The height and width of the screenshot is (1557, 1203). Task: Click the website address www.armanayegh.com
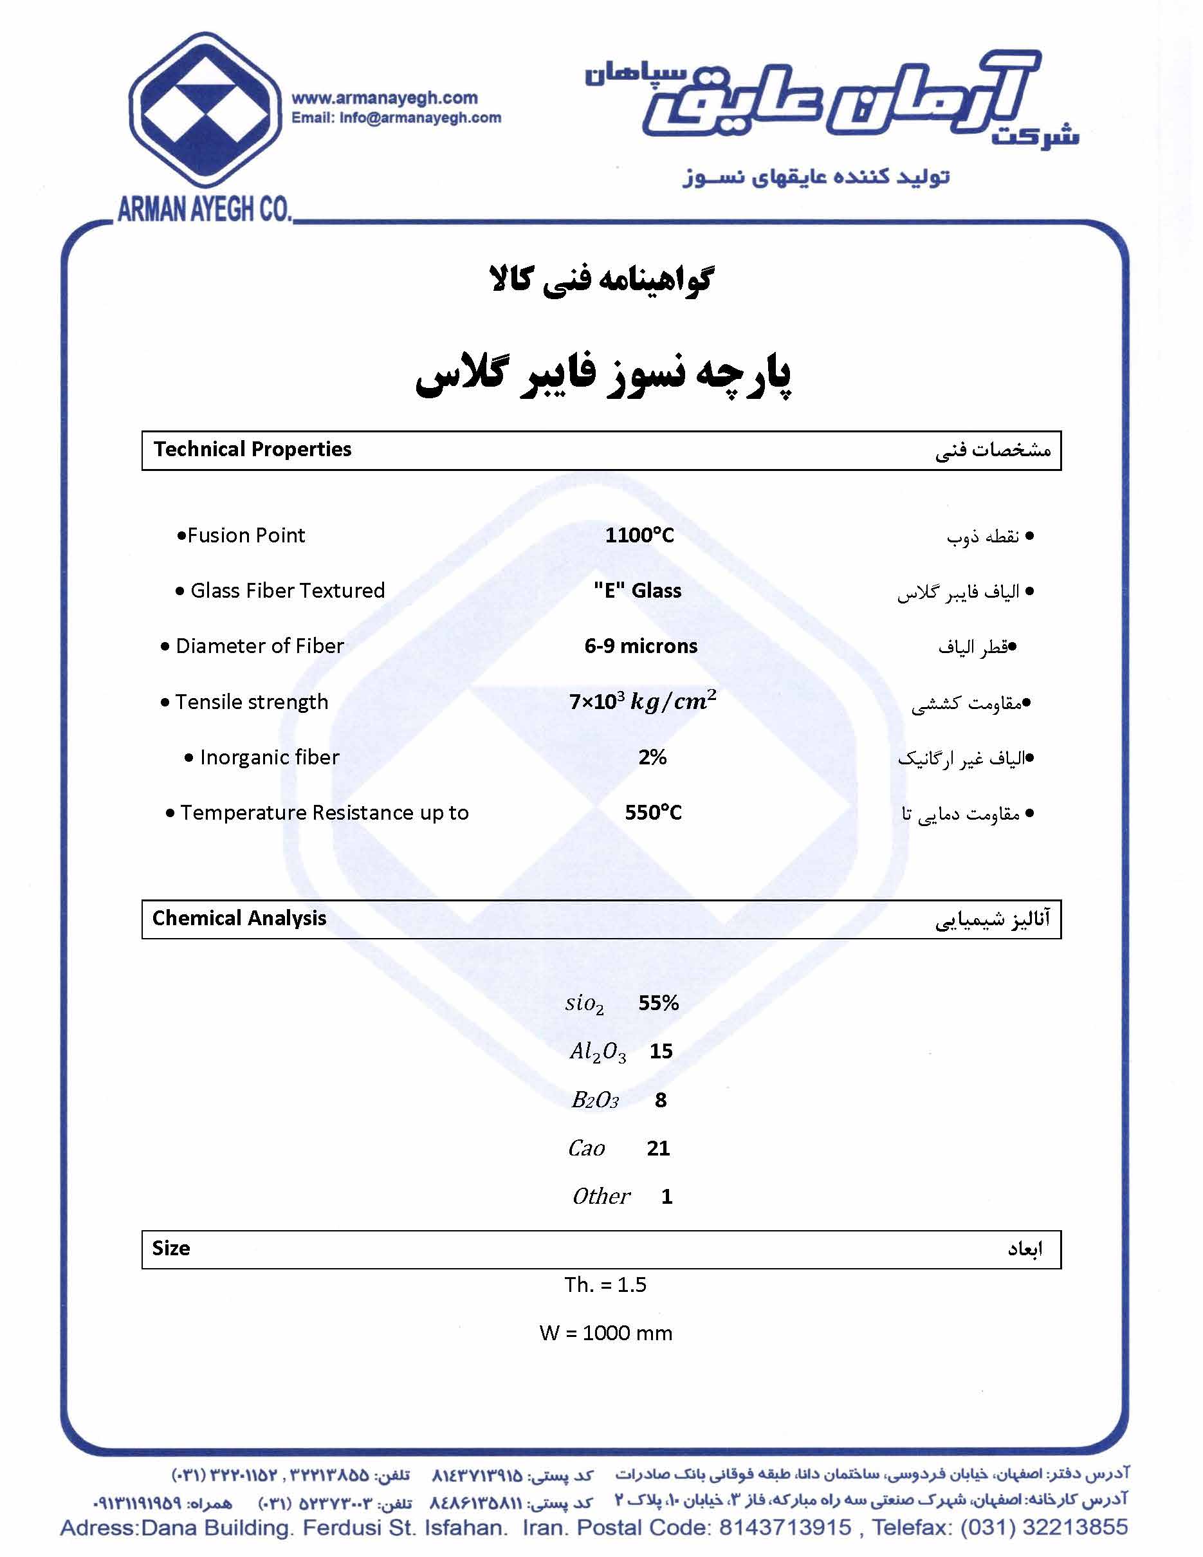tap(385, 98)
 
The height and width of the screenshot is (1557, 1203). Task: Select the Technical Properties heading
tap(252, 449)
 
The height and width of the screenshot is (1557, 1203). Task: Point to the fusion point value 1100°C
tap(639, 535)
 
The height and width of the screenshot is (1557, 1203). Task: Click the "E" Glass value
tap(637, 590)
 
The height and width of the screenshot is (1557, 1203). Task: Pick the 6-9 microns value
tap(641, 646)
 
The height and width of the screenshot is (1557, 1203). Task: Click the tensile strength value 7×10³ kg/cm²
tap(642, 701)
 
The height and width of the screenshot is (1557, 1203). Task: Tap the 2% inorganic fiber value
tap(652, 757)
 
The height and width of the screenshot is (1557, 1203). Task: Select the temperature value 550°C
tap(653, 813)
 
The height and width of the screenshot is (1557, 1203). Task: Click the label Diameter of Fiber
tap(259, 646)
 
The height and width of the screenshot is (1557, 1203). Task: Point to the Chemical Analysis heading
tap(239, 918)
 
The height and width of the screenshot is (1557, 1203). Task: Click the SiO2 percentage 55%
tap(659, 1004)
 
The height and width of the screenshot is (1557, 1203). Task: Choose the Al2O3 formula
tap(598, 1052)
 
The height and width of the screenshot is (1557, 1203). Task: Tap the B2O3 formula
tap(595, 1100)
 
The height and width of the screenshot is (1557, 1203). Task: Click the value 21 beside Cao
tap(659, 1148)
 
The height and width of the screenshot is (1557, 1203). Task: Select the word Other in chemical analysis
tap(601, 1196)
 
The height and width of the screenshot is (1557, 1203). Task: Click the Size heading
tap(171, 1248)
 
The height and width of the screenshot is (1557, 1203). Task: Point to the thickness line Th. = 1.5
tap(605, 1285)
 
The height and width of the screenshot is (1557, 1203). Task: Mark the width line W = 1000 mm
tap(606, 1333)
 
